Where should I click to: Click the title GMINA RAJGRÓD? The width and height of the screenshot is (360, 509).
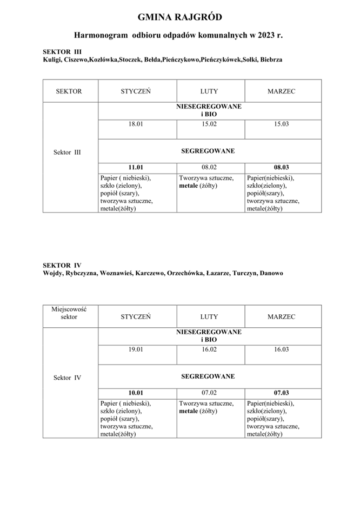tap(179, 17)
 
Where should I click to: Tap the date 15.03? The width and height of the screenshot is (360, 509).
tap(282, 124)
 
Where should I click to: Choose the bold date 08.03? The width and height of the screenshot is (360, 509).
tap(282, 168)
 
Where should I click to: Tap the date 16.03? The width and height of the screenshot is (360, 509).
tap(282, 349)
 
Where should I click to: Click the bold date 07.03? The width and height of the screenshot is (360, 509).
tap(282, 393)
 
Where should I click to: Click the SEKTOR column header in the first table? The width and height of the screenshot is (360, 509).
tap(69, 91)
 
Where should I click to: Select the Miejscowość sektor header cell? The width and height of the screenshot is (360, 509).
tap(69, 313)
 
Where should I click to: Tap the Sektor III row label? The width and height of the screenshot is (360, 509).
tap(68, 153)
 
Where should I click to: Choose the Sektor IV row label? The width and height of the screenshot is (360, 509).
tap(68, 378)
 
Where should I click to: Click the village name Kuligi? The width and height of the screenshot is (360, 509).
tap(51, 60)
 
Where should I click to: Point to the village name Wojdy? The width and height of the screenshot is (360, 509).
tap(52, 273)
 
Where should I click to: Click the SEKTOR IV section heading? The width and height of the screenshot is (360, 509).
tap(62, 265)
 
